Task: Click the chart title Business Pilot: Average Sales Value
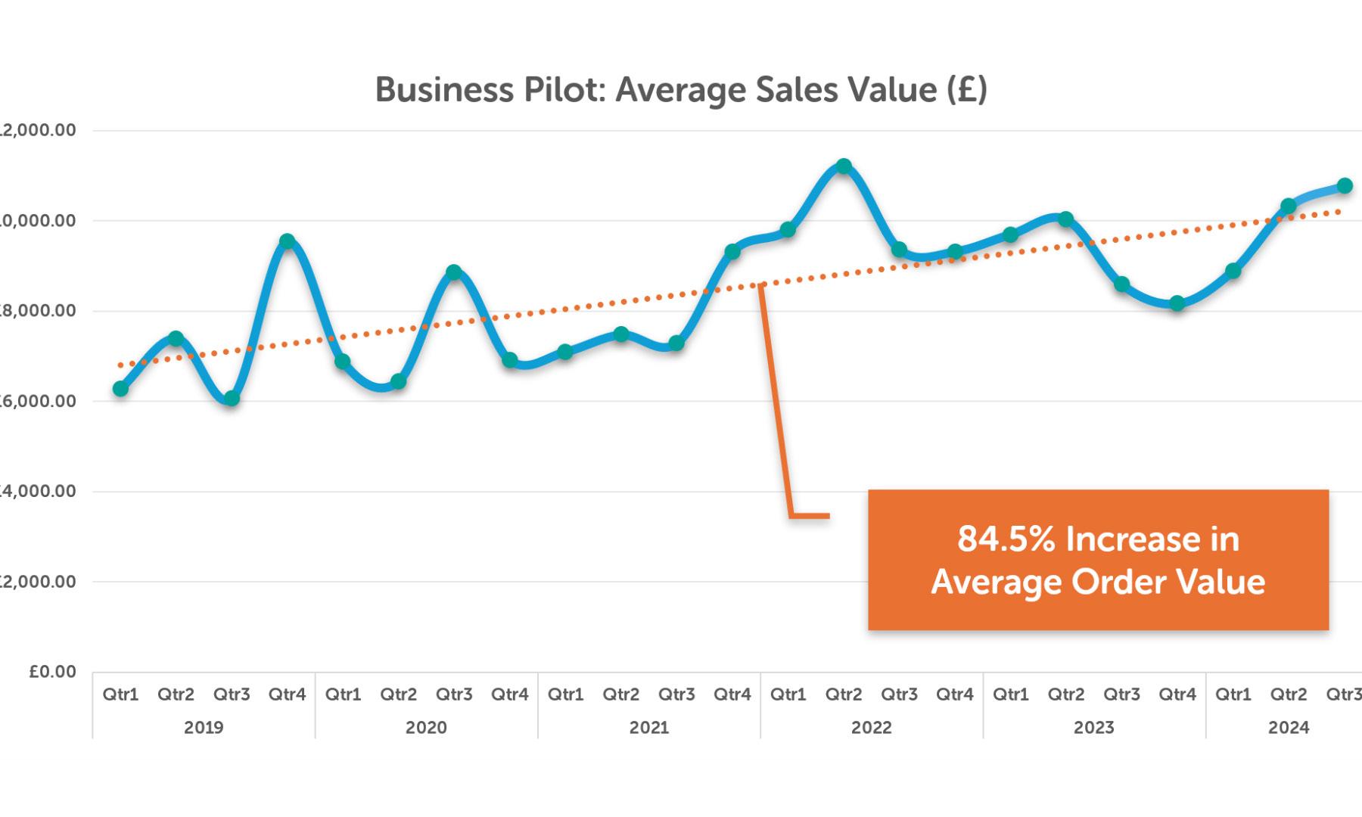pos(681,90)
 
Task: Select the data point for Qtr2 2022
pos(844,166)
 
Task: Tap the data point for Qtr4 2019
pos(287,241)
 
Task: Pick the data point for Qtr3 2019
pos(232,398)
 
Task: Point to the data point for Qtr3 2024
pos(1345,185)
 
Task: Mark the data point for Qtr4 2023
pos(1177,303)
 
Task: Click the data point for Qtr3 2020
pos(454,272)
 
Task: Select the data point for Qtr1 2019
pos(120,389)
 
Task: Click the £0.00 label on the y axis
pos(53,672)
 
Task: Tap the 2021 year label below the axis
pos(648,728)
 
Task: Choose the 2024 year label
pos(1289,728)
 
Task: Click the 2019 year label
pos(204,728)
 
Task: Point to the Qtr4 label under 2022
pos(955,694)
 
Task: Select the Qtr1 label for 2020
pos(343,694)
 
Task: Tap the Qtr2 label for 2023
pos(1066,694)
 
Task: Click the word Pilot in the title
pos(560,90)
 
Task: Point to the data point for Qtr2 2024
pos(1289,206)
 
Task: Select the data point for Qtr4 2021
pos(732,251)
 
